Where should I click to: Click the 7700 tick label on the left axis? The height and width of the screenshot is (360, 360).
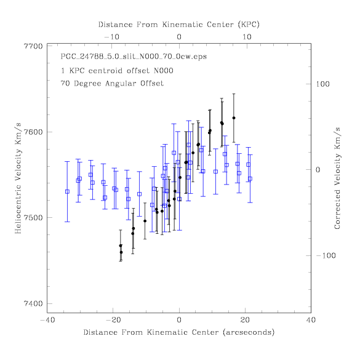pos(33,46)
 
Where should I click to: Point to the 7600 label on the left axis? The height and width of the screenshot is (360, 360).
pos(33,132)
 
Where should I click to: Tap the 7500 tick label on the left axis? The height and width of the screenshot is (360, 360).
pos(33,218)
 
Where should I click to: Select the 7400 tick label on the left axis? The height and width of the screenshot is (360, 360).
pos(33,303)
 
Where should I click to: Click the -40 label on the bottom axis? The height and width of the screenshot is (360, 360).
pos(47,320)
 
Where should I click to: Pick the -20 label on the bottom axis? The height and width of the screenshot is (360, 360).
pos(113,320)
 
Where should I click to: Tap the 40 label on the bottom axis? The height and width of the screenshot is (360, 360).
pos(311,320)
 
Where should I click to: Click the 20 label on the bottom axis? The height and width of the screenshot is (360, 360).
pos(245,320)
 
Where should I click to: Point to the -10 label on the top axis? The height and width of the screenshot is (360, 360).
pos(112,37)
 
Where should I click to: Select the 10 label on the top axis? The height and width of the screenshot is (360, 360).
pos(247,37)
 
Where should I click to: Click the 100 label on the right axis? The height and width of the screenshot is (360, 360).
pos(322,84)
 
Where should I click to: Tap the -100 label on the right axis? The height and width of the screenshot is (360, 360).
pos(326,255)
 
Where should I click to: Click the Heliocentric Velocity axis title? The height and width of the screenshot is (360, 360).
pos(18,178)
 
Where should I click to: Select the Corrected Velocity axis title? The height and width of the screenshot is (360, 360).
pos(337,178)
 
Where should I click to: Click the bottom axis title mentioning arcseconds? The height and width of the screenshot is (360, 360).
pos(179,332)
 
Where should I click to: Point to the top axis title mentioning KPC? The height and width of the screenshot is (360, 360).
pos(179,25)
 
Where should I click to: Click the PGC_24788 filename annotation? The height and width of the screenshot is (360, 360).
pos(134,57)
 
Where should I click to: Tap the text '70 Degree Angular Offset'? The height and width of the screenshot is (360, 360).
pos(112,83)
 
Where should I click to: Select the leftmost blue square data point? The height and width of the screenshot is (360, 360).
pos(67,192)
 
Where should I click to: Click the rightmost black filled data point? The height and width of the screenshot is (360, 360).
pos(234,118)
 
